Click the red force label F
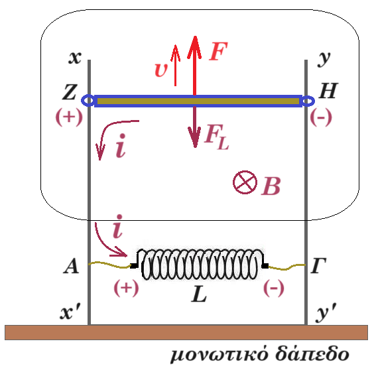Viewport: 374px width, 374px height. click(218, 51)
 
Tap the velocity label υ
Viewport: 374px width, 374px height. click(161, 70)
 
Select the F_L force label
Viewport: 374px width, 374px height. click(217, 137)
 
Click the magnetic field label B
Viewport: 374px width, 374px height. click(271, 186)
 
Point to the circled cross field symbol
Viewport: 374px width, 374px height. click(245, 182)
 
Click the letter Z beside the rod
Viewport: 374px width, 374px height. click(70, 92)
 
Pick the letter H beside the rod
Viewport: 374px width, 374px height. click(328, 91)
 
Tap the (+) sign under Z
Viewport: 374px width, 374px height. click(69, 117)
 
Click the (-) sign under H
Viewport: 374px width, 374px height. click(321, 117)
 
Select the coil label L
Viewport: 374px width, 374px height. click(199, 294)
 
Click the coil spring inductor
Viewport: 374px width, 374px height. click(200, 265)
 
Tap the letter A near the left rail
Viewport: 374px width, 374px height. click(71, 266)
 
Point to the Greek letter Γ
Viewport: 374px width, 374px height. click(318, 265)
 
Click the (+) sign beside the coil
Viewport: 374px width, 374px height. click(126, 288)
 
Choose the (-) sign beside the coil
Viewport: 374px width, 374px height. click(274, 288)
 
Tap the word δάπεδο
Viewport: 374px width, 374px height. click(312, 354)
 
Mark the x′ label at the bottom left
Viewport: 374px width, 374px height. click(70, 312)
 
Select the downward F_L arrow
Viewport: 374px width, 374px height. click(195, 127)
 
